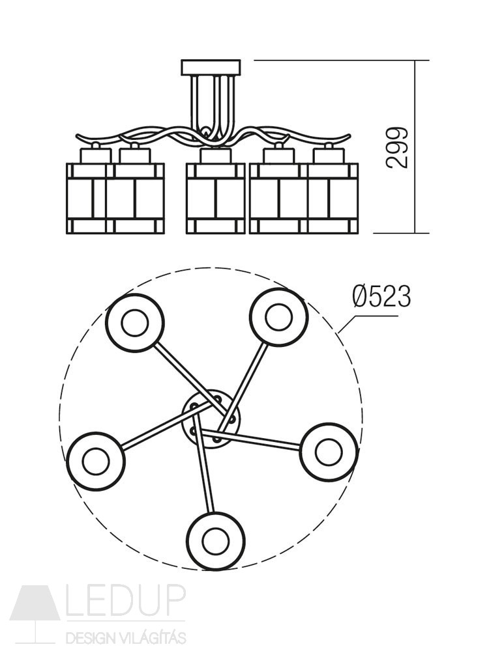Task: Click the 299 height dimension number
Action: click(x=396, y=148)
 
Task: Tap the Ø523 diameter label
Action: click(x=381, y=297)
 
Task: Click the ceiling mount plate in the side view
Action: click(x=211, y=68)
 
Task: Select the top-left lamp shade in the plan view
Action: click(x=135, y=323)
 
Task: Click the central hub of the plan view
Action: click(x=211, y=419)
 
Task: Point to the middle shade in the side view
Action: click(x=215, y=198)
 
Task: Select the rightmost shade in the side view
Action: click(x=333, y=198)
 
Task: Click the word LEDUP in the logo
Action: click(x=126, y=600)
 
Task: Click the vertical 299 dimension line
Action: click(x=415, y=146)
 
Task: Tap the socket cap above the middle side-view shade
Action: click(x=215, y=156)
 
